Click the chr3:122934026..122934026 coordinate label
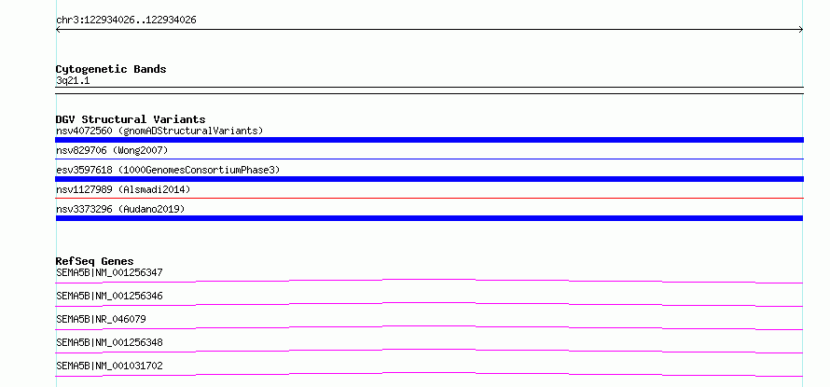click(x=126, y=21)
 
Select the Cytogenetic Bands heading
click(x=111, y=69)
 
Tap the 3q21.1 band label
click(x=73, y=81)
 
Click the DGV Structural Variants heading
click(x=131, y=119)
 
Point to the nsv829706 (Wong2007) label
click(x=112, y=151)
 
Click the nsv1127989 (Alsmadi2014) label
click(x=123, y=189)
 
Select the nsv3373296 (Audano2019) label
click(x=120, y=209)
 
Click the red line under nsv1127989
click(x=429, y=198)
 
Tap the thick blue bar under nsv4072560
click(x=429, y=140)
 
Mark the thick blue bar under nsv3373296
click(x=429, y=218)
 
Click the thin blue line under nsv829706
click(x=429, y=159)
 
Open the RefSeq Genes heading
click(x=94, y=261)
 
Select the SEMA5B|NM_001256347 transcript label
click(x=109, y=272)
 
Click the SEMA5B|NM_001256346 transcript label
click(x=109, y=296)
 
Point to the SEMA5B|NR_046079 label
click(x=101, y=319)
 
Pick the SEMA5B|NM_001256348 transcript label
click(x=109, y=342)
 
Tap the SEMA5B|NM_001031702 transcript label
click(x=109, y=366)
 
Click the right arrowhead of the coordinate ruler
click(x=801, y=30)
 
